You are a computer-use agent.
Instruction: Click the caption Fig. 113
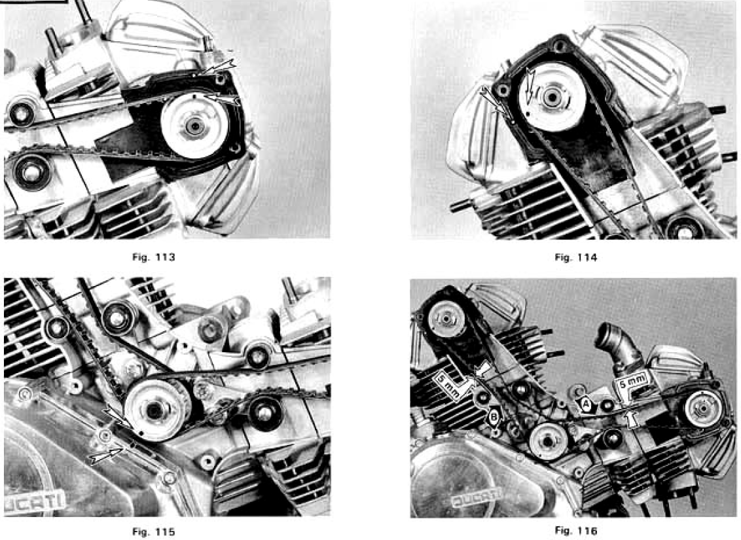154,257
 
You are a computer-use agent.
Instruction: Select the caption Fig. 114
575,257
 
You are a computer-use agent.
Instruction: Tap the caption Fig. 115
154,532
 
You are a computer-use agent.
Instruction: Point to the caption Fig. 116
575,530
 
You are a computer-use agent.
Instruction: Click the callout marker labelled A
586,405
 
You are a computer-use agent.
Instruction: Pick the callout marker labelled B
494,416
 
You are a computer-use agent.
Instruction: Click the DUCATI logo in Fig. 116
477,497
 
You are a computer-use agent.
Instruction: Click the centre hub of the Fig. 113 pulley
194,126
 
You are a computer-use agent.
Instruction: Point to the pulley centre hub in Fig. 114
551,97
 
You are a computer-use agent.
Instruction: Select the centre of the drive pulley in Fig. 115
154,410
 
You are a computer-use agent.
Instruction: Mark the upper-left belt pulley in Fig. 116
444,319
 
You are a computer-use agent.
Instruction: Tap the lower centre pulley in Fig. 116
548,441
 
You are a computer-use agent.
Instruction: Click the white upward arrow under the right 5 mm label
629,419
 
